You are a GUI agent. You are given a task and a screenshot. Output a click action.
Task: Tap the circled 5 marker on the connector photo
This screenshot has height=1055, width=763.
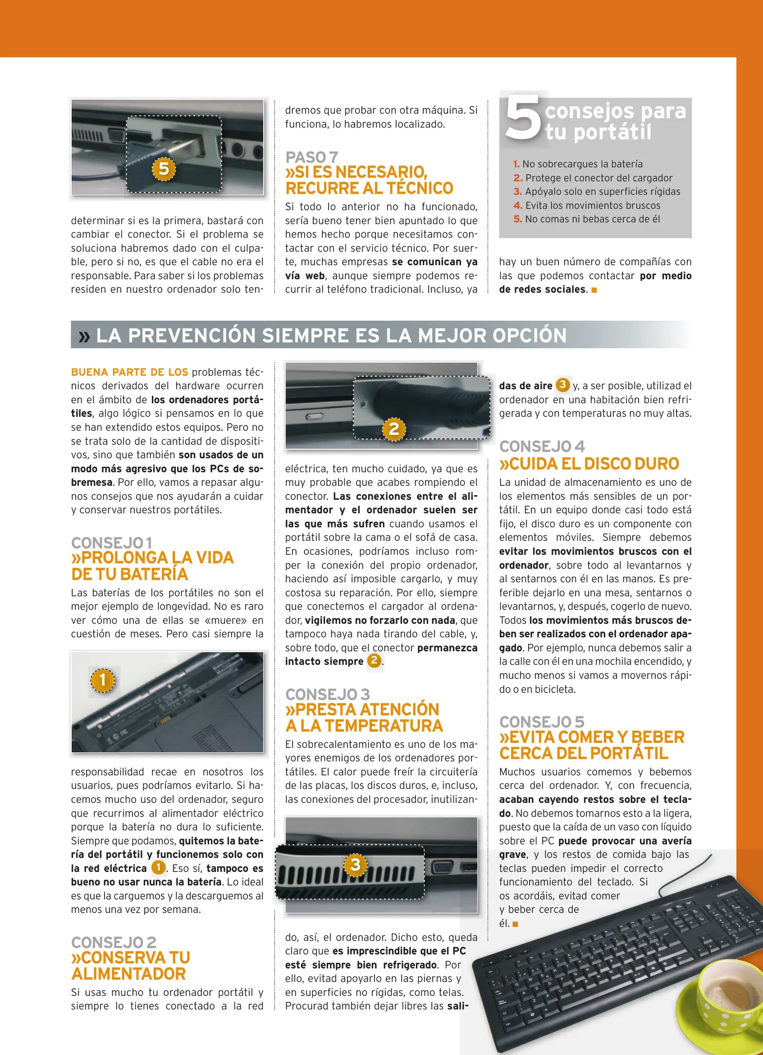point(164,169)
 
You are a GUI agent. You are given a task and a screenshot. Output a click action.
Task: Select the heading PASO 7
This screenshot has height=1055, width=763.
point(311,157)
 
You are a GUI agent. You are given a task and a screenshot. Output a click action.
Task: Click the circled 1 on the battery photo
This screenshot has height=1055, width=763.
point(103,680)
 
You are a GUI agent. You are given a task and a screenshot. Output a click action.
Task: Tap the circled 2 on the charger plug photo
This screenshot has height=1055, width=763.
point(394,429)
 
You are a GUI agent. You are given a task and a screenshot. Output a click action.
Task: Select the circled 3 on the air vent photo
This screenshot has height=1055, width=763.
point(355,865)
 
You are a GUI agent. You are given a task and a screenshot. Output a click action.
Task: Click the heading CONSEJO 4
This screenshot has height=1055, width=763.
point(541,446)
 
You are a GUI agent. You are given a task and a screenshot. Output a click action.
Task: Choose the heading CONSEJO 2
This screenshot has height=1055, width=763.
point(114,942)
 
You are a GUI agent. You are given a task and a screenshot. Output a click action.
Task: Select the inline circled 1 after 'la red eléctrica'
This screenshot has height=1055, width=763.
point(158,868)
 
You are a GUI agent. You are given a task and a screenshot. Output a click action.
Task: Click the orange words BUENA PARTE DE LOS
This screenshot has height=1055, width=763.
point(129,372)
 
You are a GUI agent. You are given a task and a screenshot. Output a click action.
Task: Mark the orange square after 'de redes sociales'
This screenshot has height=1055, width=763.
point(594,290)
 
